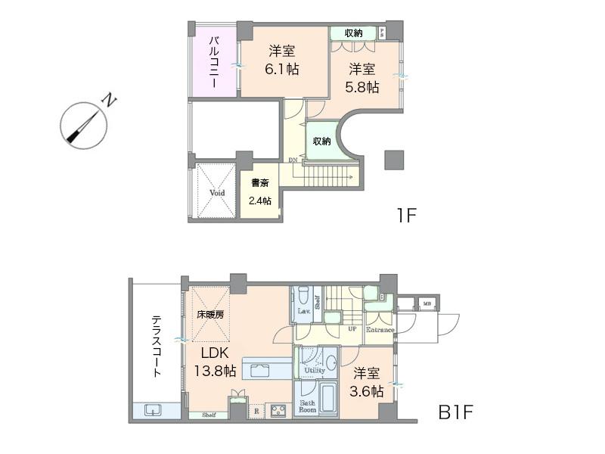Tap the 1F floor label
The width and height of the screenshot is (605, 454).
point(407,215)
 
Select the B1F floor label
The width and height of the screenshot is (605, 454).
point(457,413)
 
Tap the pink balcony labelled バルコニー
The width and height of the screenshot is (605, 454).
point(214,62)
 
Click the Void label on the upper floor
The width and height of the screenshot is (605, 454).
point(217,193)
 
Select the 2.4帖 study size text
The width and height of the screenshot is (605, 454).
point(261,201)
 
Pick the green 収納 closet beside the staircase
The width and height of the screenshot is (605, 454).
point(321,141)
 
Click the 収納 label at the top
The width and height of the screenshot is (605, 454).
point(353,33)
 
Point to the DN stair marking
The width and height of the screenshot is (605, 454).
point(293,160)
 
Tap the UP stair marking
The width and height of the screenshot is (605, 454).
point(352,329)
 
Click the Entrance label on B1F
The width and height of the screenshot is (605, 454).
point(380,330)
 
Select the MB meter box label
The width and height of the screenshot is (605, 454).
point(427,304)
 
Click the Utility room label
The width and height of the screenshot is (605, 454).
point(316,371)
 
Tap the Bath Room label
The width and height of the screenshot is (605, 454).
point(309,406)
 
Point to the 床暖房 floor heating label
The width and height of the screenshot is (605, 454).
point(211,313)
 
